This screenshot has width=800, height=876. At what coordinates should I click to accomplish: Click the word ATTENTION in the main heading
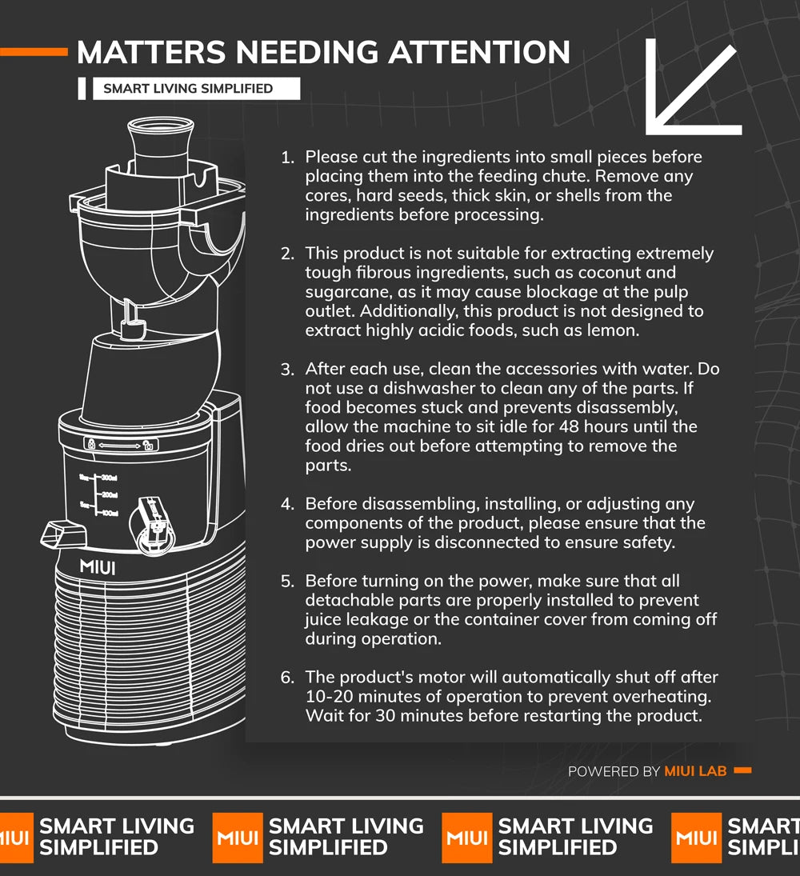478,52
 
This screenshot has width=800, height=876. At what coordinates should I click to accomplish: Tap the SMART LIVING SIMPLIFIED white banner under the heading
196,88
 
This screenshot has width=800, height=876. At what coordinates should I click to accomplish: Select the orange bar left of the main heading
34,52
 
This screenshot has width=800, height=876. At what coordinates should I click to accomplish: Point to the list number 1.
287,158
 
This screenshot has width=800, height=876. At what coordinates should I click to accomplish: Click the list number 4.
287,504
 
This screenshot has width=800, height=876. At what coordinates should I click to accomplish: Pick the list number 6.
287,678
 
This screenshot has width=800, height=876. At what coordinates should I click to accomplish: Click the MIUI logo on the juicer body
98,568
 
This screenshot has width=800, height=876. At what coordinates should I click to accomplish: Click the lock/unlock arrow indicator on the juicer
121,445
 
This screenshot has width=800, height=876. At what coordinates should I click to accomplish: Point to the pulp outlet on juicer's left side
63,534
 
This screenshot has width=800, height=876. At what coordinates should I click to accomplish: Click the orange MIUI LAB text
695,771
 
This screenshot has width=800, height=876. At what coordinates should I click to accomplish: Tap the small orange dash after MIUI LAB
742,770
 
